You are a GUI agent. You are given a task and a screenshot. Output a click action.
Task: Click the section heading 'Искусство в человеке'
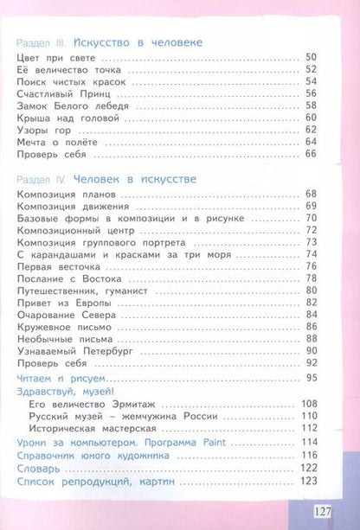point(138,42)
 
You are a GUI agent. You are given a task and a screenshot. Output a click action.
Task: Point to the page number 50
point(312,57)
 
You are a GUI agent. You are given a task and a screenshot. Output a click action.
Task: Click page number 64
point(312,142)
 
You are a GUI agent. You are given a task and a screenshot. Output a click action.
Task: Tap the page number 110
point(308,417)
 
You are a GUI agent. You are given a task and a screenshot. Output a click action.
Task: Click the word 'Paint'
point(199,444)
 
